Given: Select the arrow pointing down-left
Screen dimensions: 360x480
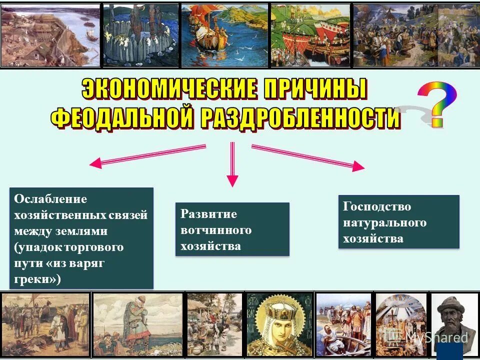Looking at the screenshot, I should coord(147,155).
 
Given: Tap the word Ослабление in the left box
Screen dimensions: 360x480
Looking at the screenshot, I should coord(50,199).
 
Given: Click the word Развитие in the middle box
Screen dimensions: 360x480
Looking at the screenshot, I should coord(208,214).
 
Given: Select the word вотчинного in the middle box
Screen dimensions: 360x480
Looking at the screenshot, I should coord(216,230).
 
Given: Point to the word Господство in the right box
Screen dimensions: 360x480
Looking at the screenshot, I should coord(377,206).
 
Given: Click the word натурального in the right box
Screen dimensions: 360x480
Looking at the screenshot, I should coord(384,222).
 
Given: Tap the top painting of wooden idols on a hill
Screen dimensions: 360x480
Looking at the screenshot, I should coord(140,35).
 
